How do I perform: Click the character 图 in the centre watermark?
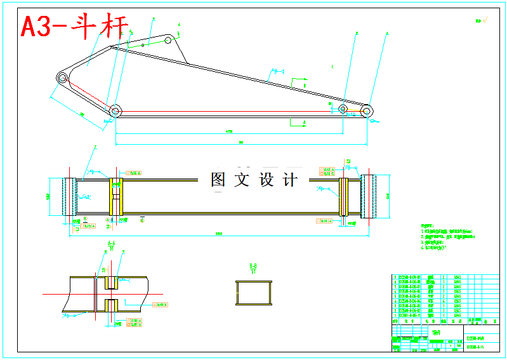[x=218, y=180]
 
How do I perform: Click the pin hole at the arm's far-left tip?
[x=63, y=77]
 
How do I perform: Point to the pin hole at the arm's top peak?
[x=169, y=39]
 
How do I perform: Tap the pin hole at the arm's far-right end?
[x=366, y=110]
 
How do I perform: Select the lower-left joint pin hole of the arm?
[x=115, y=110]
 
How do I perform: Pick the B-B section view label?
[x=253, y=266]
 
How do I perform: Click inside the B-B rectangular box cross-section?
[x=253, y=293]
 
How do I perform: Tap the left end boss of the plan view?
[x=70, y=197]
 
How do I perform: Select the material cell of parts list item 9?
[x=458, y=277]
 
